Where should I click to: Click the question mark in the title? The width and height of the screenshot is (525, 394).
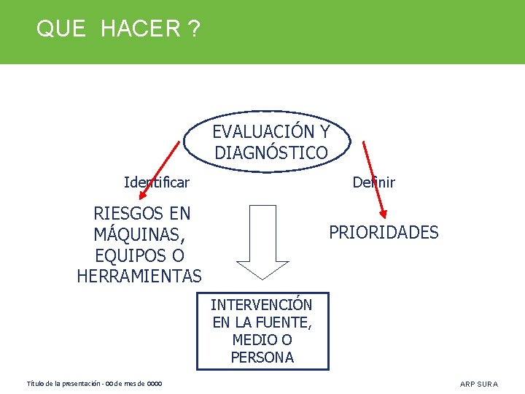coord(193,29)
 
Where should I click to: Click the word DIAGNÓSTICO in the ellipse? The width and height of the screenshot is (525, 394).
coord(271,153)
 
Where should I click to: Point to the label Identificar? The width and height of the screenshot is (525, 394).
coord(157,182)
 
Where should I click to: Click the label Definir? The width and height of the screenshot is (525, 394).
coord(373,182)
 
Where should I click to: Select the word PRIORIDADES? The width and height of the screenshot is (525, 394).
coord(384,233)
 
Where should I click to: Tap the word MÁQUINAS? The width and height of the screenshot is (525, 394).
coord(139,235)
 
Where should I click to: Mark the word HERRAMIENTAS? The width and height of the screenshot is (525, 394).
coord(139,277)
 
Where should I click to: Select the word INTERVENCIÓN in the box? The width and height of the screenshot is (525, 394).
coord(262,305)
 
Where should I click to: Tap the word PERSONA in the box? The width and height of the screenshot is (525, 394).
coord(262,358)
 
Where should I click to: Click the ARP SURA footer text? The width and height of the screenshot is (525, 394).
coord(479,384)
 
